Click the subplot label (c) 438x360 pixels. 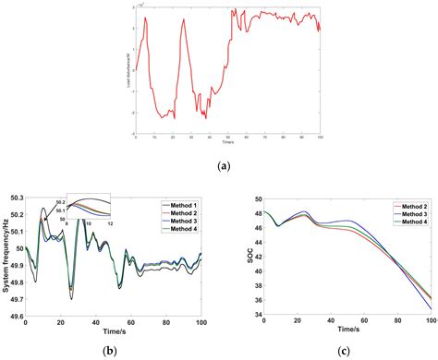tap(341, 348)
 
